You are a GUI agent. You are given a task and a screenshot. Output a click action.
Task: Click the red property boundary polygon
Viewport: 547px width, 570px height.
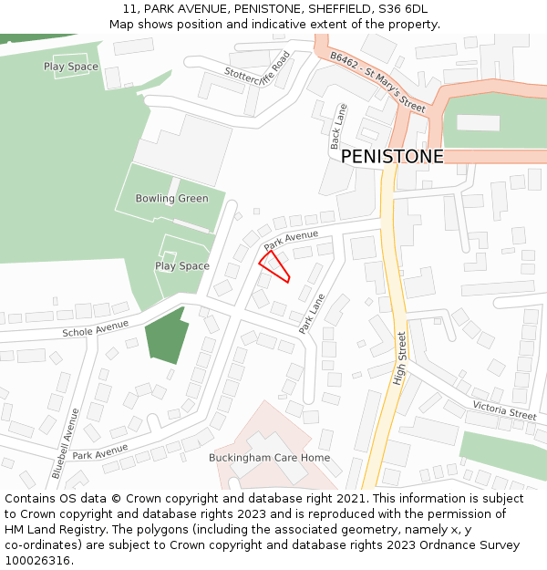click(x=274, y=267)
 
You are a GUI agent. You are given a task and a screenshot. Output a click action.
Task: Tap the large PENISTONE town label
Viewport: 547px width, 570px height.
click(x=392, y=157)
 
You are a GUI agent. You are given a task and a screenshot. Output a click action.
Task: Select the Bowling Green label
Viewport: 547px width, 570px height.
click(x=171, y=199)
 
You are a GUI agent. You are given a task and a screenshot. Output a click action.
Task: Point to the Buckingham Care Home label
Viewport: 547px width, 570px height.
click(x=269, y=458)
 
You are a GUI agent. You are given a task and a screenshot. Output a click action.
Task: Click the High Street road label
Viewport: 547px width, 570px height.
click(x=399, y=358)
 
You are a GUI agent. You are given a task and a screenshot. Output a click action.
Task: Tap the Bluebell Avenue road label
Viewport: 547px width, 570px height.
click(x=65, y=443)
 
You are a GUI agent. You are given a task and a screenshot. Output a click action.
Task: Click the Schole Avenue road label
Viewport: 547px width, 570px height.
click(x=96, y=328)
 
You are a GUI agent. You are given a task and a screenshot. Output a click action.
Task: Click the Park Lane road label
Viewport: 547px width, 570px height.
click(x=313, y=314)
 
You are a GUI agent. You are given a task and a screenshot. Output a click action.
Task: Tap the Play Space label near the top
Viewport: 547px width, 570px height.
click(x=70, y=67)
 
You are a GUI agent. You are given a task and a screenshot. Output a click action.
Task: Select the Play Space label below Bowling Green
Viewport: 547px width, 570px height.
click(x=181, y=266)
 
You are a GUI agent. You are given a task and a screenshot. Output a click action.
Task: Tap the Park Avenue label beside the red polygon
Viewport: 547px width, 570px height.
click(x=291, y=241)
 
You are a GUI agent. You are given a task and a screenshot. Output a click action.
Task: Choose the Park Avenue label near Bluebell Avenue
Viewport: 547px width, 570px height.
click(x=101, y=451)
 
